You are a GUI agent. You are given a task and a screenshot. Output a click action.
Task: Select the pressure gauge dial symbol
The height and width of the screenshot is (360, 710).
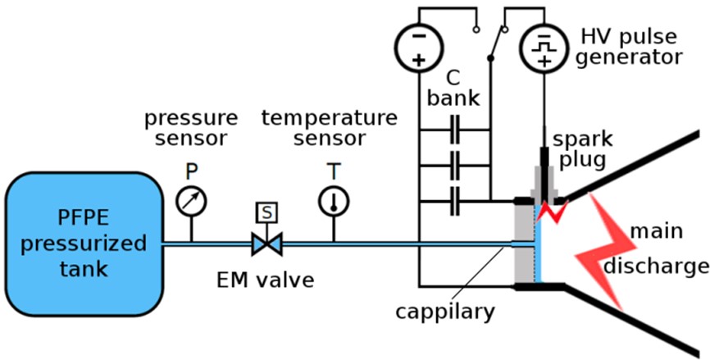pos(192,200)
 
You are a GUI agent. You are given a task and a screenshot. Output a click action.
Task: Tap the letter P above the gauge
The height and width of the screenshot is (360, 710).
pos(192,171)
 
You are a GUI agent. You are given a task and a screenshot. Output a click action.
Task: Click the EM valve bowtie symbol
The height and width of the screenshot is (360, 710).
pos(266,244)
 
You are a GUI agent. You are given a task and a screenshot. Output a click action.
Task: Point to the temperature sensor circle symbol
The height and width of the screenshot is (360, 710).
pos(334,200)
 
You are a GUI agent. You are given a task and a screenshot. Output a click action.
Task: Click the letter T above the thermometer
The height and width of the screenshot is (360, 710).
pos(334,171)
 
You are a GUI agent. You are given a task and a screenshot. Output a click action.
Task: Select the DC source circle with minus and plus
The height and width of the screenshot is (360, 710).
pos(418,46)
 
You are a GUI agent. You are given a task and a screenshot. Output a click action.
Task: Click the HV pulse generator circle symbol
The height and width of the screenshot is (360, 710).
pos(544,46)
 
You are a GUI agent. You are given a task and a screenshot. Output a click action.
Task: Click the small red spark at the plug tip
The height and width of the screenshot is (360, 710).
pos(550,211)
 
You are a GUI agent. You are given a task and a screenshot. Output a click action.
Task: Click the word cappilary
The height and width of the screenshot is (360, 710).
pos(445,312)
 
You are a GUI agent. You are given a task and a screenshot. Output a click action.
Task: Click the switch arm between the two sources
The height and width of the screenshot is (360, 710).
pos(497,43)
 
